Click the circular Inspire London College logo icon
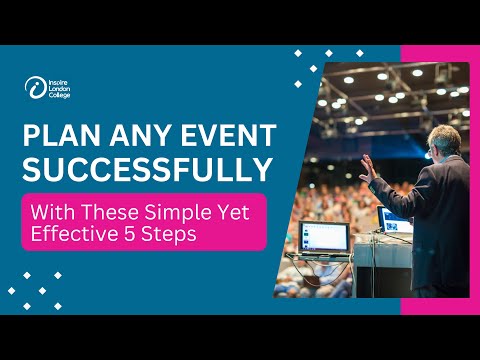pos(33,87)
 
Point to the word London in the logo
pos(58,87)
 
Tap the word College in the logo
pos(59,94)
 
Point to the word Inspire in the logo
pos(57,80)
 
